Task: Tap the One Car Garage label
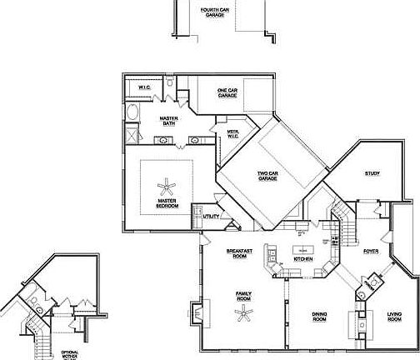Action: (227, 92)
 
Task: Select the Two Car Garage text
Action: (267, 176)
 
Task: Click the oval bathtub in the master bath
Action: (133, 112)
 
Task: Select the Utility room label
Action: (212, 217)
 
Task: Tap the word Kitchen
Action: (303, 260)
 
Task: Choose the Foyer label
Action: (372, 250)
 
